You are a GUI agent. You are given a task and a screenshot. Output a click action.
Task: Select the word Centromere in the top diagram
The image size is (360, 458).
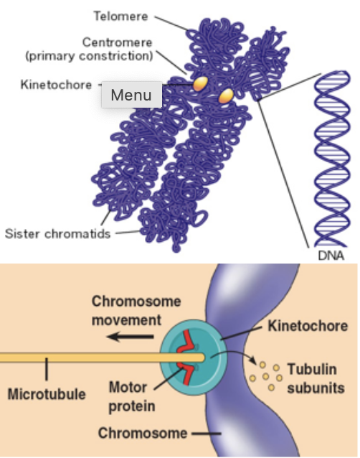tap(118, 42)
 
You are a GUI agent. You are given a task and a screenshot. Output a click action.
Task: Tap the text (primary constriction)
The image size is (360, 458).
tap(108, 55)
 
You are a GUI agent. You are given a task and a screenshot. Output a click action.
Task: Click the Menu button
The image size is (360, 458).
tap(131, 95)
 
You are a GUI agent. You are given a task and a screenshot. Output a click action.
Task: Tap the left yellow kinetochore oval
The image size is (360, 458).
tap(200, 84)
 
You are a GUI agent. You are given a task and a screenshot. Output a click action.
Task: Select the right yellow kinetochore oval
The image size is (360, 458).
tap(227, 95)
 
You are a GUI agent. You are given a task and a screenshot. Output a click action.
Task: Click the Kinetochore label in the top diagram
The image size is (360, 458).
tap(55, 85)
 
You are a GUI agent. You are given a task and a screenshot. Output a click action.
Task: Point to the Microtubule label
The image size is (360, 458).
tap(46, 395)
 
